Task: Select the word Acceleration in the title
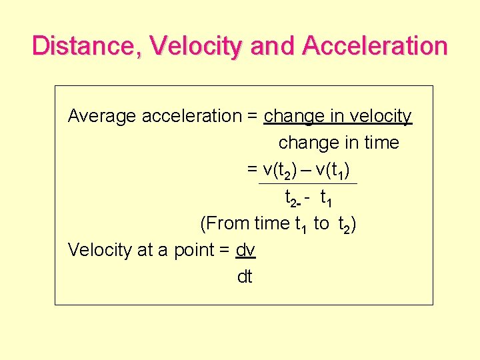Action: tap(374, 46)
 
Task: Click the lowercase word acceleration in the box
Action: tap(191, 117)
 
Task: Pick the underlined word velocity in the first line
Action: tap(381, 117)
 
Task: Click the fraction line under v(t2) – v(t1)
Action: tap(307, 184)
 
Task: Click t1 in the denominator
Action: tap(327, 198)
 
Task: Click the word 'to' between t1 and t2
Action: tap(321, 224)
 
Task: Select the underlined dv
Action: tap(245, 250)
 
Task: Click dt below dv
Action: tap(245, 277)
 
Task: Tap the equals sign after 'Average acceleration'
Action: tap(252, 117)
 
